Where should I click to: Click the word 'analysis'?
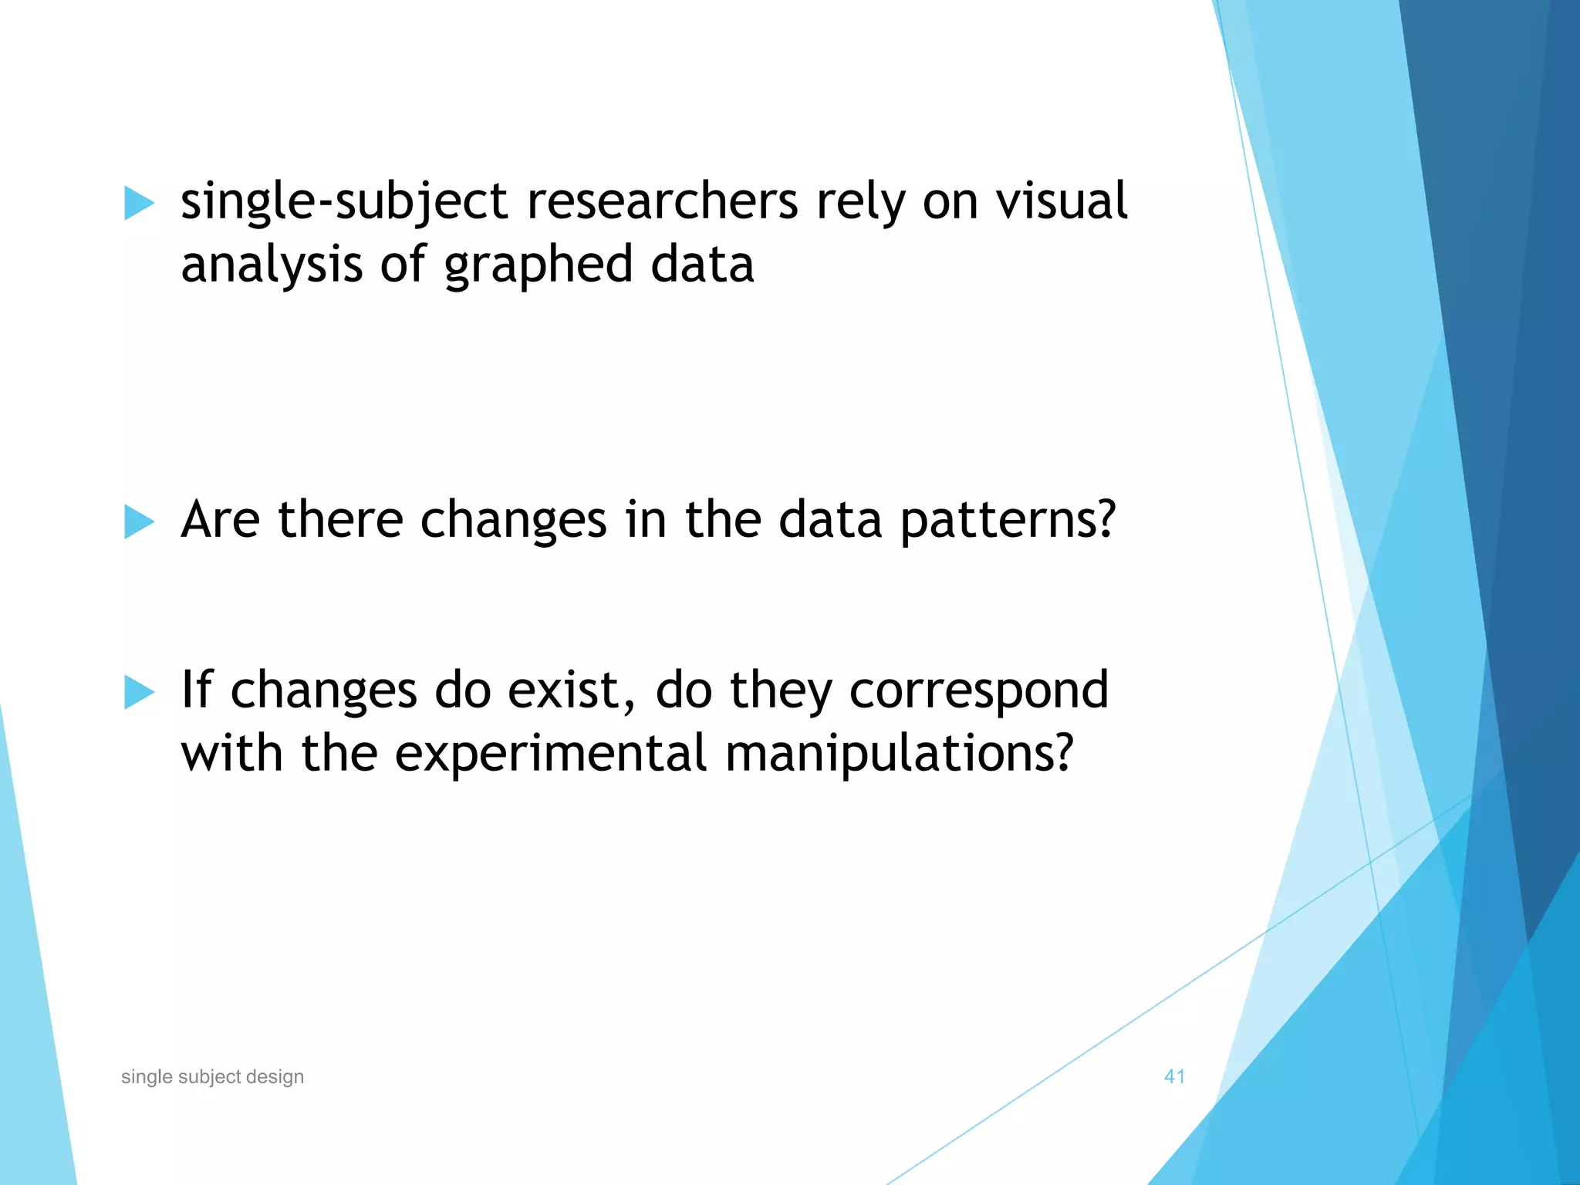pyautogui.click(x=271, y=265)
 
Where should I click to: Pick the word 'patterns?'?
pyautogui.click(x=1008, y=521)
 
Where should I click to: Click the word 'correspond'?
pyautogui.click(x=978, y=690)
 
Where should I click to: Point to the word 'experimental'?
pyautogui.click(x=550, y=754)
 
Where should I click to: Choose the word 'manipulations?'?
pyautogui.click(x=899, y=754)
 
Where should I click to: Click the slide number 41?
pyautogui.click(x=1174, y=1076)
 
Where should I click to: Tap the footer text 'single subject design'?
pyautogui.click(x=212, y=1077)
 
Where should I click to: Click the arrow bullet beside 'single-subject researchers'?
pyautogui.click(x=139, y=203)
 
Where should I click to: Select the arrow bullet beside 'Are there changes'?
pyautogui.click(x=139, y=522)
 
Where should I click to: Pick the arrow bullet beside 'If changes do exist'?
pyautogui.click(x=139, y=691)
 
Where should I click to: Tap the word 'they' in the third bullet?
pyautogui.click(x=781, y=690)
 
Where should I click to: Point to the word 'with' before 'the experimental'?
pyautogui.click(x=231, y=753)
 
